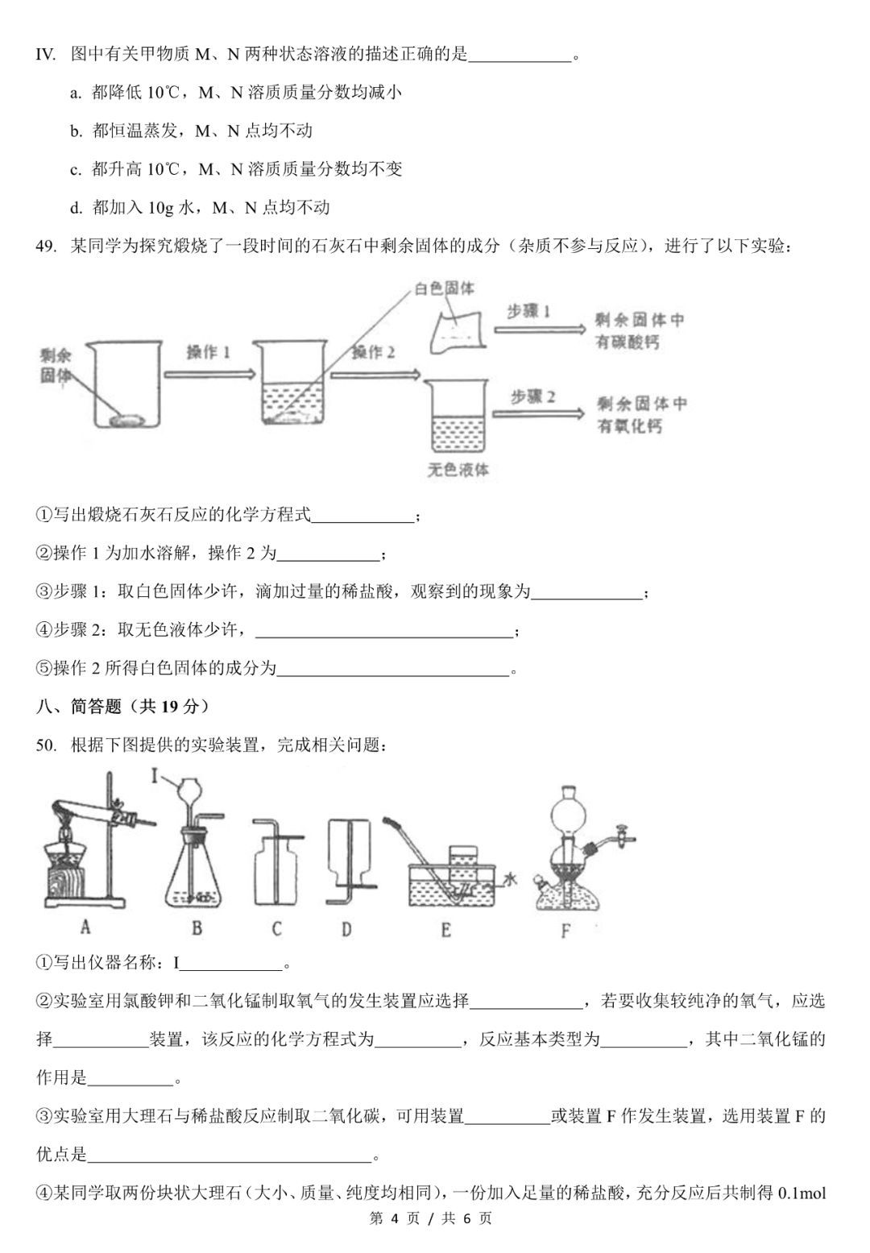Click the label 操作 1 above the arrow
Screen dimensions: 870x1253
pyautogui.click(x=208, y=353)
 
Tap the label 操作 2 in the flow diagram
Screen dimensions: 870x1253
pyautogui.click(x=374, y=353)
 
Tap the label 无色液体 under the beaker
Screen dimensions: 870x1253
pyautogui.click(x=458, y=470)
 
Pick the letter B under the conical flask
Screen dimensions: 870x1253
pyautogui.click(x=197, y=928)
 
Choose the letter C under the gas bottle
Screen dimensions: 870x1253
pyautogui.click(x=276, y=929)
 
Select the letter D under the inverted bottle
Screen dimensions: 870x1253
pyautogui.click(x=346, y=929)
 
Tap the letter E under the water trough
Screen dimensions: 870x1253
pyautogui.click(x=445, y=930)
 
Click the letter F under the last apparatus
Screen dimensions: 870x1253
pyautogui.click(x=565, y=931)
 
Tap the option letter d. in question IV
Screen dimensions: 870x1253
pyautogui.click(x=76, y=208)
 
